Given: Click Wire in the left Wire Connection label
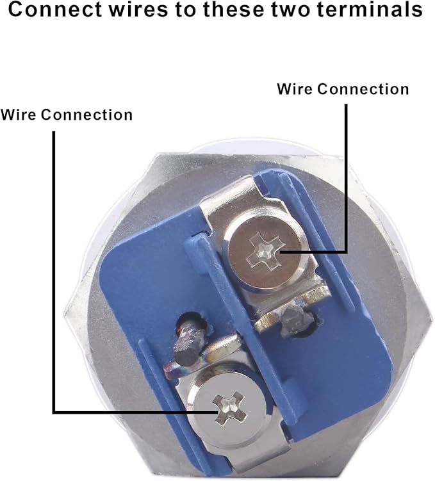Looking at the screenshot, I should (18, 115).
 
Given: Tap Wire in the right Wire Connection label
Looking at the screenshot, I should (294, 89).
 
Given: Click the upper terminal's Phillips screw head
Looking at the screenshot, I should (263, 251).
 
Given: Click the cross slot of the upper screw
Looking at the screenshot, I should (263, 251).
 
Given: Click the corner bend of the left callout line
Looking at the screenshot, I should (54, 412).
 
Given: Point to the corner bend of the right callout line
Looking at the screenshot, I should (346, 251).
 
